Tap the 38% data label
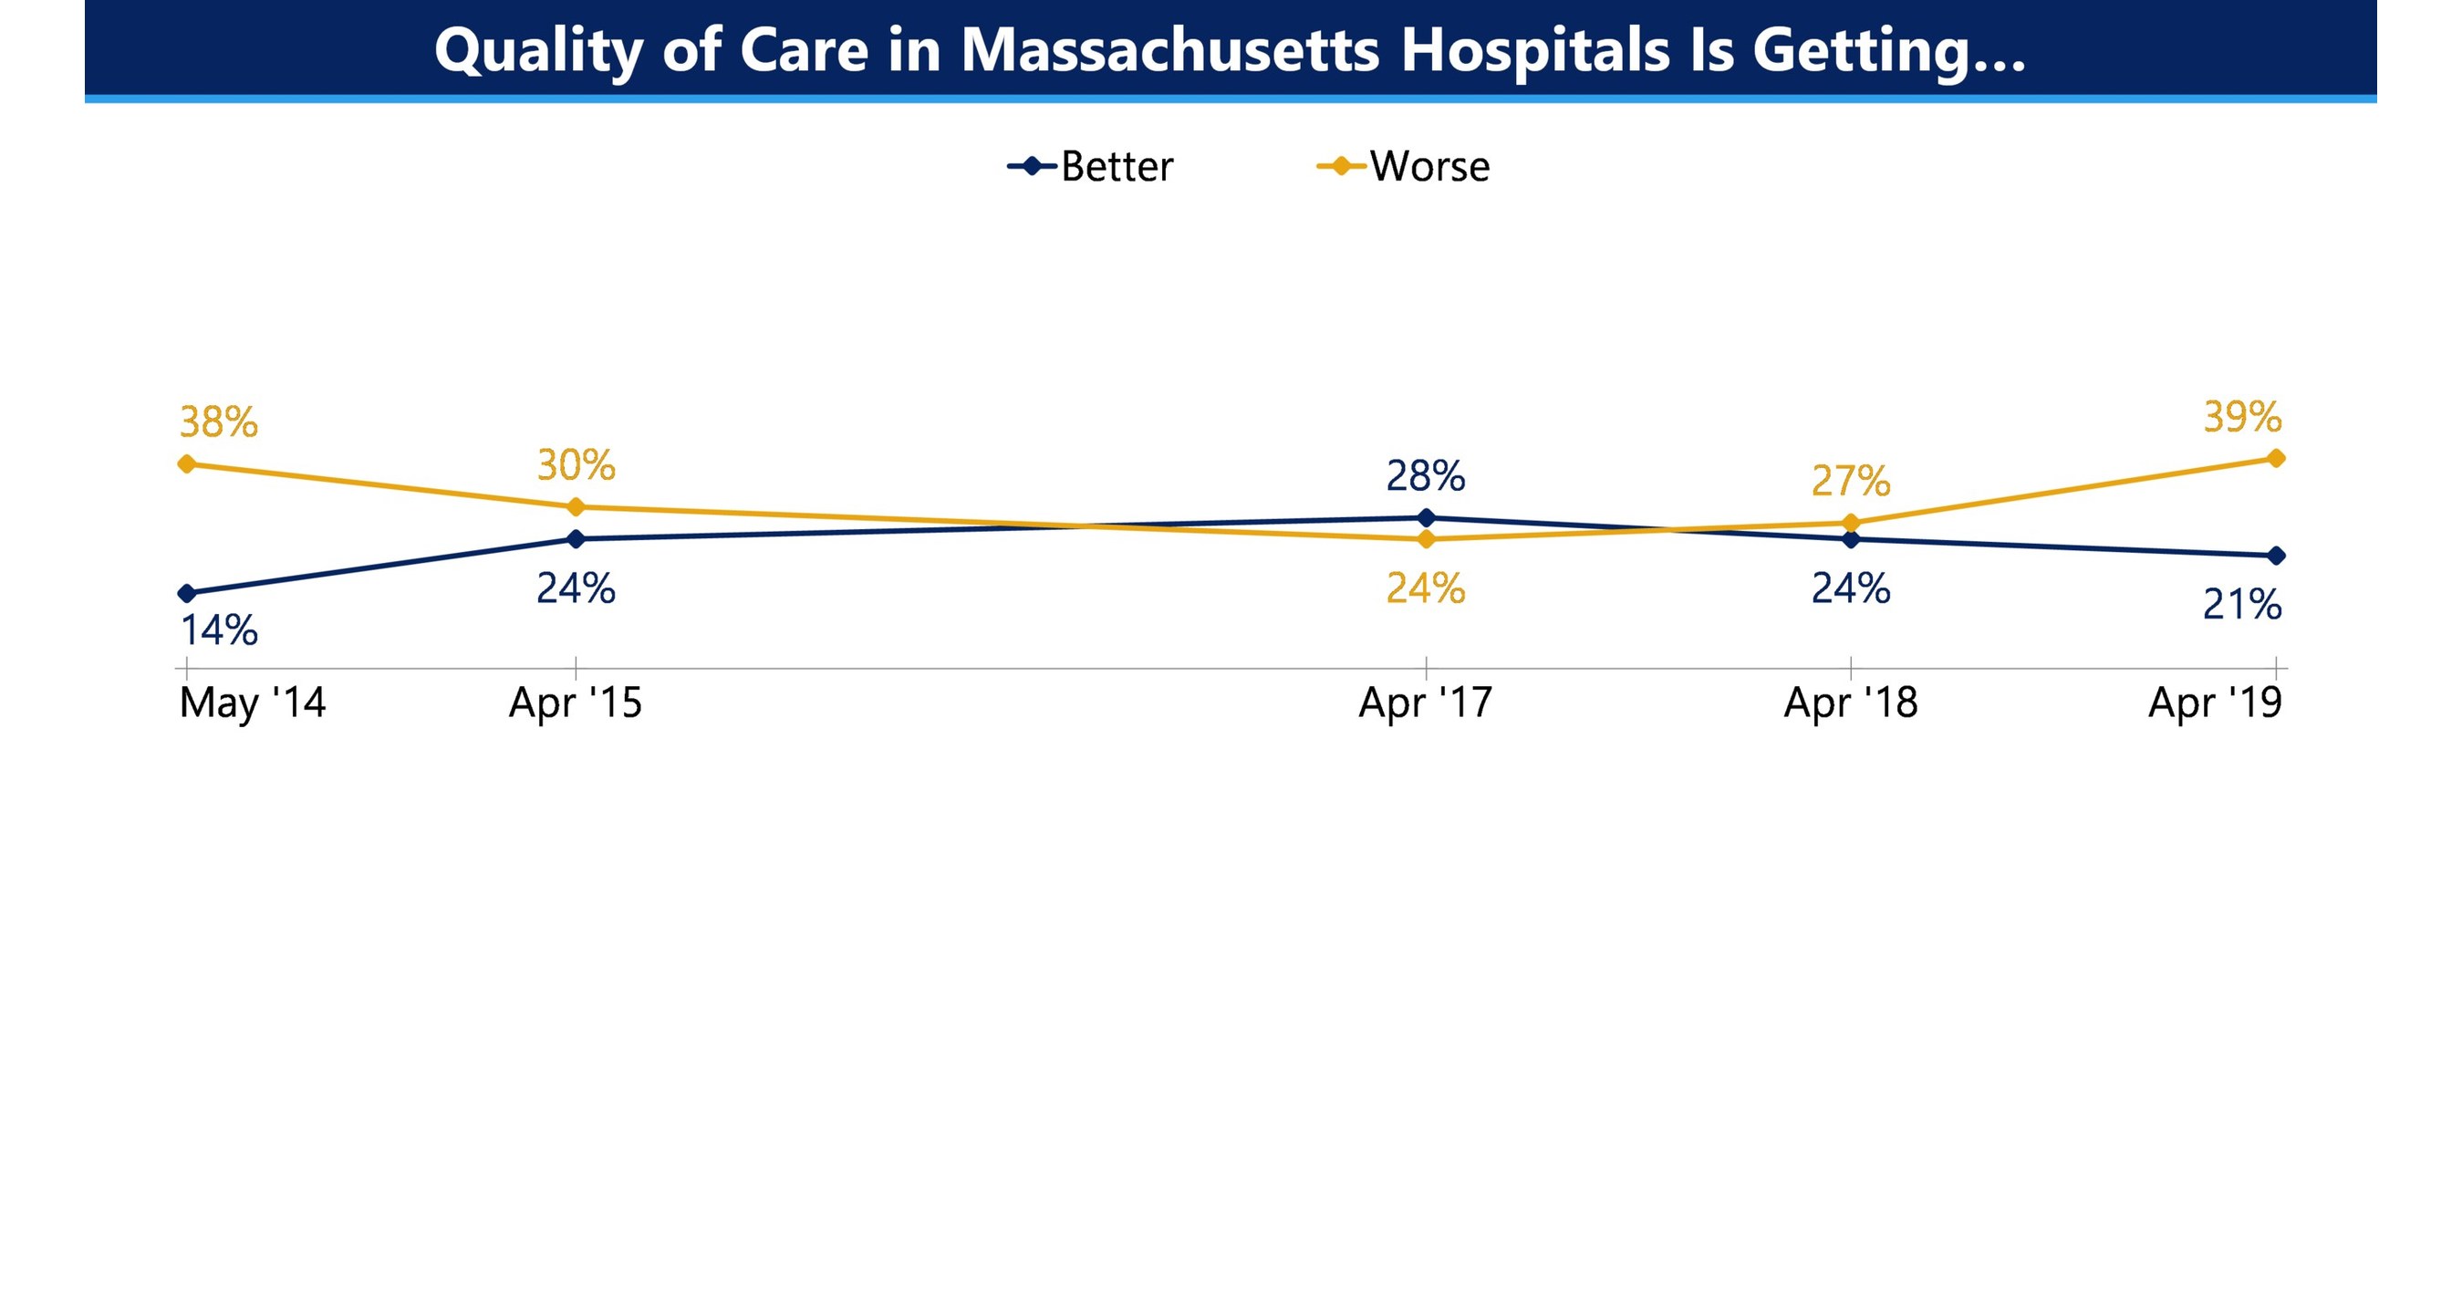click(219, 422)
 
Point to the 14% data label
click(219, 630)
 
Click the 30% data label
click(577, 465)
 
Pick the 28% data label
click(1425, 476)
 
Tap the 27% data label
click(1850, 481)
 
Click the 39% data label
click(2242, 417)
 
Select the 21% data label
click(2242, 605)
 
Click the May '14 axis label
click(253, 703)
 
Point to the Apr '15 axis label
click(576, 703)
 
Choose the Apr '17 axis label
click(1425, 703)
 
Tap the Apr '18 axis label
click(1850, 703)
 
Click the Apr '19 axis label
click(2215, 703)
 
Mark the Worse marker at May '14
click(187, 463)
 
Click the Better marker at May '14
click(187, 593)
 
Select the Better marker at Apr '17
click(1426, 518)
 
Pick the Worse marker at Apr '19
click(2277, 458)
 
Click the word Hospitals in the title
click(1535, 49)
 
